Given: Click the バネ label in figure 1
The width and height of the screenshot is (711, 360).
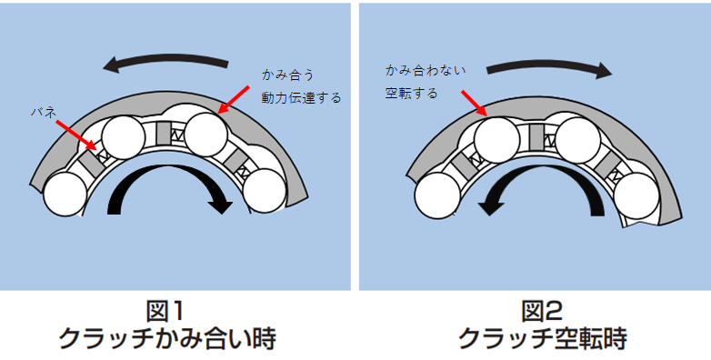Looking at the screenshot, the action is click(x=44, y=112).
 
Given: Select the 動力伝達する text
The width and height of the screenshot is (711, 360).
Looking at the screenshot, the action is click(x=301, y=97).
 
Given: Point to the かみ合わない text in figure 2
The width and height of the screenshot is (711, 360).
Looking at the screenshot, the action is click(x=426, y=70).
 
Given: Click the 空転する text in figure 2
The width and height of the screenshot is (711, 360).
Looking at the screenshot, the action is click(x=412, y=94).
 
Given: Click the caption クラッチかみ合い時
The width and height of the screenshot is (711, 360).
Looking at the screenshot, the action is click(x=167, y=339).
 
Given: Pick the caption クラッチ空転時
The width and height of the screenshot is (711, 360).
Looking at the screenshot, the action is click(x=543, y=339).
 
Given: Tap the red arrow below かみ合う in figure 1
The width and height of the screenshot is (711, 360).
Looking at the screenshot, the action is click(x=234, y=99).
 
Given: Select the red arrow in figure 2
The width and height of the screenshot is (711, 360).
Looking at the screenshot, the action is click(x=474, y=104).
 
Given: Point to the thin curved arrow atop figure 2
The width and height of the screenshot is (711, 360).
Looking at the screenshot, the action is click(x=549, y=65).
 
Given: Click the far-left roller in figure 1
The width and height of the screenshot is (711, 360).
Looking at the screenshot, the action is click(x=66, y=194).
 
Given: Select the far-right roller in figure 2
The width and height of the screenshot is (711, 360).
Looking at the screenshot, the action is click(x=636, y=195).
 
